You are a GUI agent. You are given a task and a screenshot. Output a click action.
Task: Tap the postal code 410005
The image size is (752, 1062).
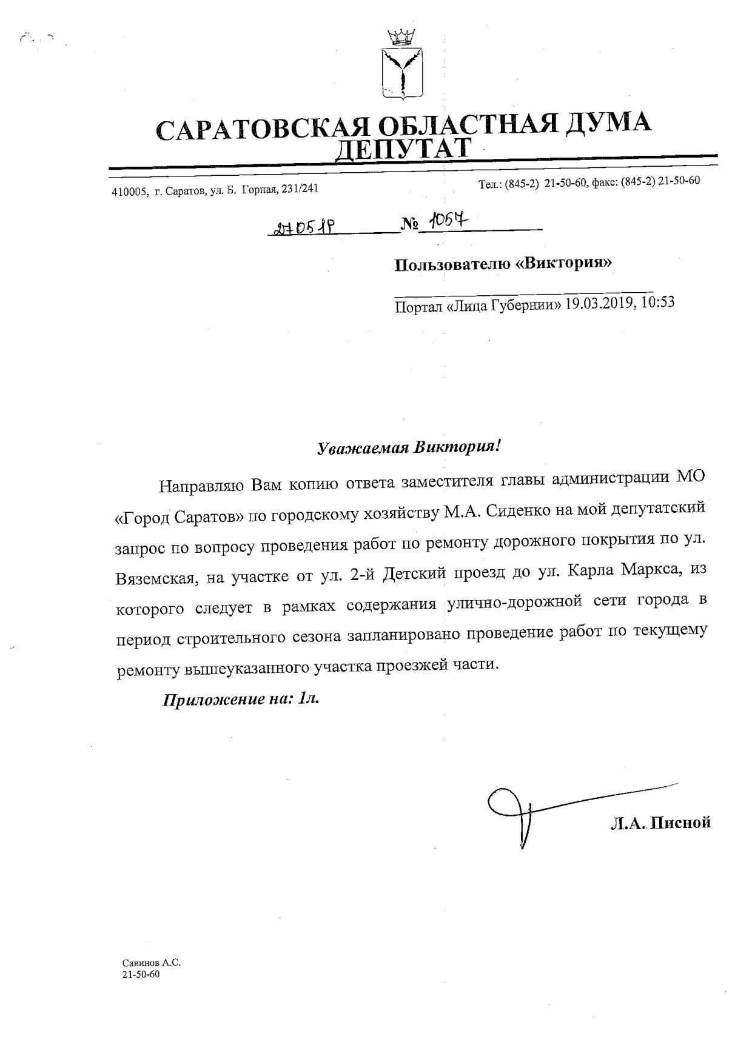129,192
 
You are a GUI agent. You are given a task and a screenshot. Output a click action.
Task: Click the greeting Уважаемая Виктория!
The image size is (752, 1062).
409,448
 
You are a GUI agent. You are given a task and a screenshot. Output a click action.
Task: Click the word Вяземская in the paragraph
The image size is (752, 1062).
155,576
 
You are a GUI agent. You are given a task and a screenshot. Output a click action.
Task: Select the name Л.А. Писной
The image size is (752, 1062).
660,823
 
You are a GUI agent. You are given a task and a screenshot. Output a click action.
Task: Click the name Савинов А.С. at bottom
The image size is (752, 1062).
151,963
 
